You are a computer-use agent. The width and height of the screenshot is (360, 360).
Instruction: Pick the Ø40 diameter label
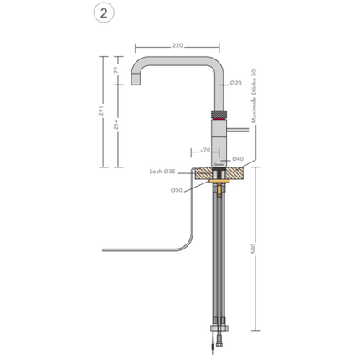239,158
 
